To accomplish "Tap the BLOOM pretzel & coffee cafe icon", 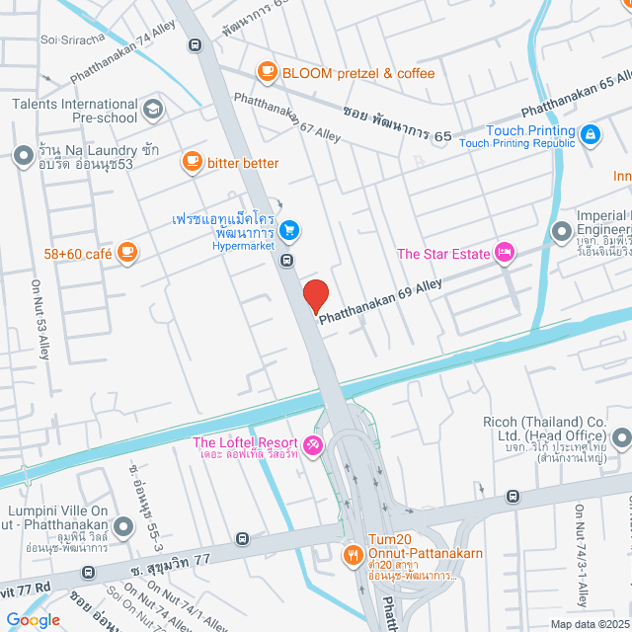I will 266,72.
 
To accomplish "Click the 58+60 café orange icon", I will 126,253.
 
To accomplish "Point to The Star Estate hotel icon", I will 505,254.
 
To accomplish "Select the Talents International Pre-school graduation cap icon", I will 152,109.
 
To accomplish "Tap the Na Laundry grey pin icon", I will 23,155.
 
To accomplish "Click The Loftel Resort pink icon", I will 312,446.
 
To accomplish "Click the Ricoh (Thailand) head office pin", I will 620,435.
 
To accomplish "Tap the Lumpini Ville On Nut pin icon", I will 123,528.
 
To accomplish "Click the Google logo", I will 32,619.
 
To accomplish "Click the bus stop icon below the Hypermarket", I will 285,261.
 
